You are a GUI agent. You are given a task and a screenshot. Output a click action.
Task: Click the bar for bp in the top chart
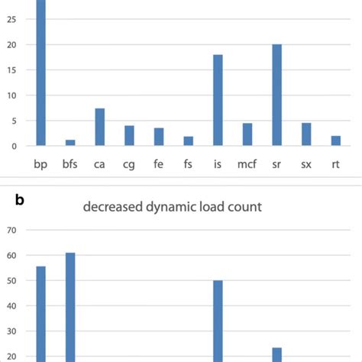tap(41, 73)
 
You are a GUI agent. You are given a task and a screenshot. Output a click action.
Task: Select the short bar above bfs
tap(70, 142)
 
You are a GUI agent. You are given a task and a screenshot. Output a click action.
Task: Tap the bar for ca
tap(100, 127)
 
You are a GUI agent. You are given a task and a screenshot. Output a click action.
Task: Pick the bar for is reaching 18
tap(218, 100)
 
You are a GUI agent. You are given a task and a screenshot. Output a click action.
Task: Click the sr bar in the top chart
tap(276, 95)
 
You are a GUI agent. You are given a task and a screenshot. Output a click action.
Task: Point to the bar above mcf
tap(247, 134)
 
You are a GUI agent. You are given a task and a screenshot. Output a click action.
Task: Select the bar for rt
tap(335, 141)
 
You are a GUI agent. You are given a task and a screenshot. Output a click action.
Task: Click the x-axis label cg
tap(129, 164)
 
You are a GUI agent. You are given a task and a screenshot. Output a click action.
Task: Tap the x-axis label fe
tap(159, 164)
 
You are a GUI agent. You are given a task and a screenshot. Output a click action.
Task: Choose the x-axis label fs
tap(188, 164)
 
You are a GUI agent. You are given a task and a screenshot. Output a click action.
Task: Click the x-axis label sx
tap(305, 164)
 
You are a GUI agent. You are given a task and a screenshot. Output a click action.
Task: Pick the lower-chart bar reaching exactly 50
tap(218, 321)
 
